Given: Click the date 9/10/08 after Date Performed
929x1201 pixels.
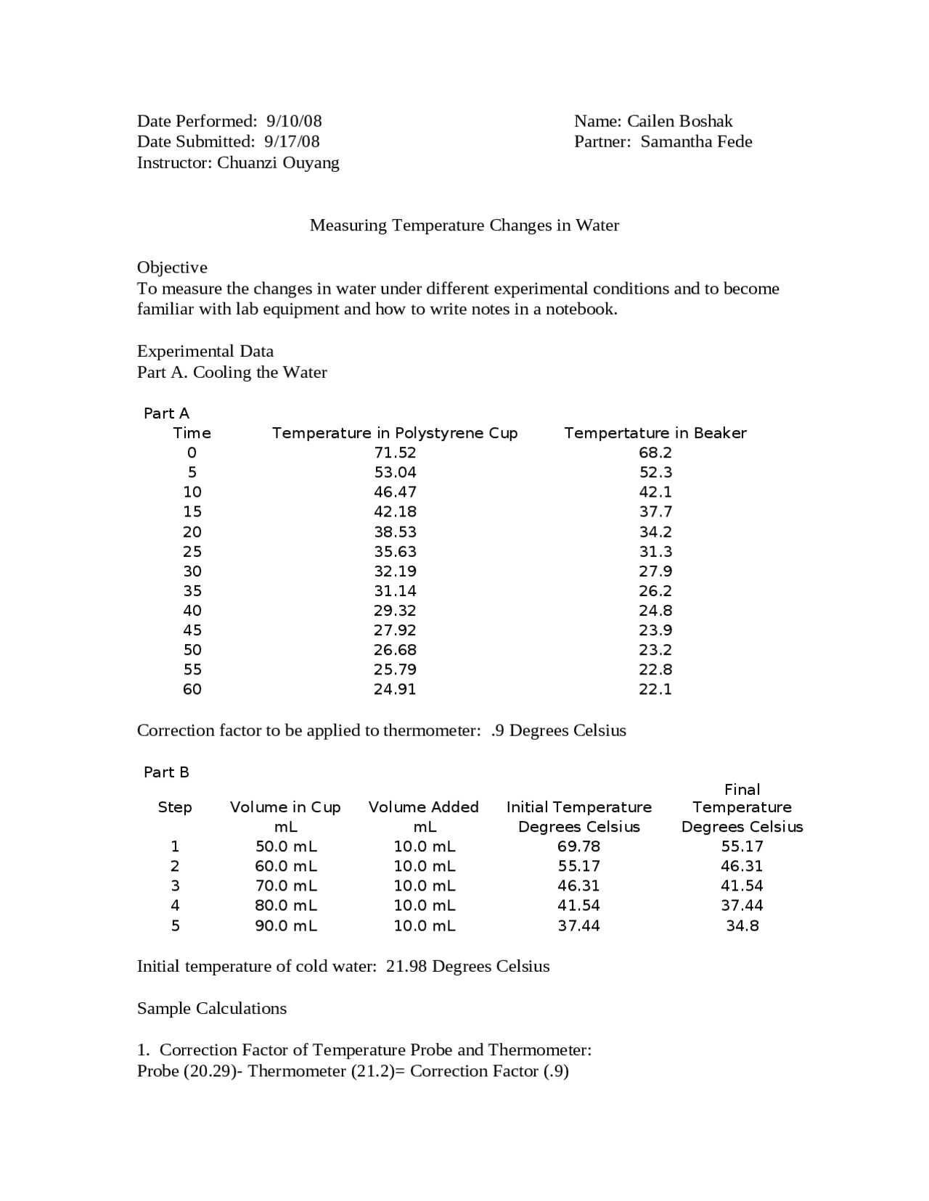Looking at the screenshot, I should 294,121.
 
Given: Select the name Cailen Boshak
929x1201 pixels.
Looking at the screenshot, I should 679,121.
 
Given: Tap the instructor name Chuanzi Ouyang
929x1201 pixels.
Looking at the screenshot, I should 278,162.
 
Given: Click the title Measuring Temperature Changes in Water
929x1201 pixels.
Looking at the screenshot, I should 464,226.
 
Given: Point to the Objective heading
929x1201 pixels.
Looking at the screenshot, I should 172,268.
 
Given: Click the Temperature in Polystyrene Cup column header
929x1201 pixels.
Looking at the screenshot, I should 395,433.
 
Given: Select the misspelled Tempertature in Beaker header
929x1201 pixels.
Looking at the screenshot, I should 655,433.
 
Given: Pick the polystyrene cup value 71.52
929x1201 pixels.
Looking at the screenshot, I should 395,453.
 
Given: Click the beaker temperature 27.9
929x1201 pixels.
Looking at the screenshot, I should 655,571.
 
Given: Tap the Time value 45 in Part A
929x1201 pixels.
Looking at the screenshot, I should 192,630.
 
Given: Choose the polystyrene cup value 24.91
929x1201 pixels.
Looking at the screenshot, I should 395,690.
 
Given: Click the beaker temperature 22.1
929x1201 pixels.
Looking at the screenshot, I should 655,690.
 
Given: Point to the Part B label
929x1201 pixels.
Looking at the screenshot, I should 166,772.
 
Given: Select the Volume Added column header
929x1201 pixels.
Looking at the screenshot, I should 424,807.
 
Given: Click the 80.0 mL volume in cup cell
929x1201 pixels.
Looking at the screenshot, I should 286,905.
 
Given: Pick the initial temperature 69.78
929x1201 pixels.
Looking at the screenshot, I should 578,846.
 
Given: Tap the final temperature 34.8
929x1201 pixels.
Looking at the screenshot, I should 742,925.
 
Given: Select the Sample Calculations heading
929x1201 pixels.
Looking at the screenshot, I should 212,1009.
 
